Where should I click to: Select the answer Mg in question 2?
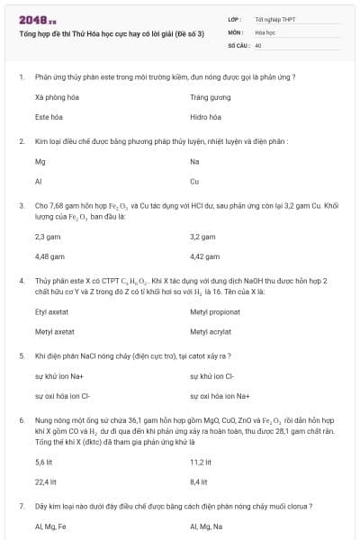click(x=40, y=162)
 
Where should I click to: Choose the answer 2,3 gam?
click(x=47, y=237)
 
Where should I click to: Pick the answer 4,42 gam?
click(x=205, y=257)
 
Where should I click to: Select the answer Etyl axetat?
click(x=52, y=311)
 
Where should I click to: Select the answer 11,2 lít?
click(x=200, y=462)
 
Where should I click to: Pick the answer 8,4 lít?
click(x=199, y=482)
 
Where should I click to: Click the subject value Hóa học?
click(x=264, y=31)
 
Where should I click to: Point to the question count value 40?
click(x=258, y=45)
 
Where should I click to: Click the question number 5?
click(x=21, y=355)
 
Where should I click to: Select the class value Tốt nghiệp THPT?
click(x=274, y=19)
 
